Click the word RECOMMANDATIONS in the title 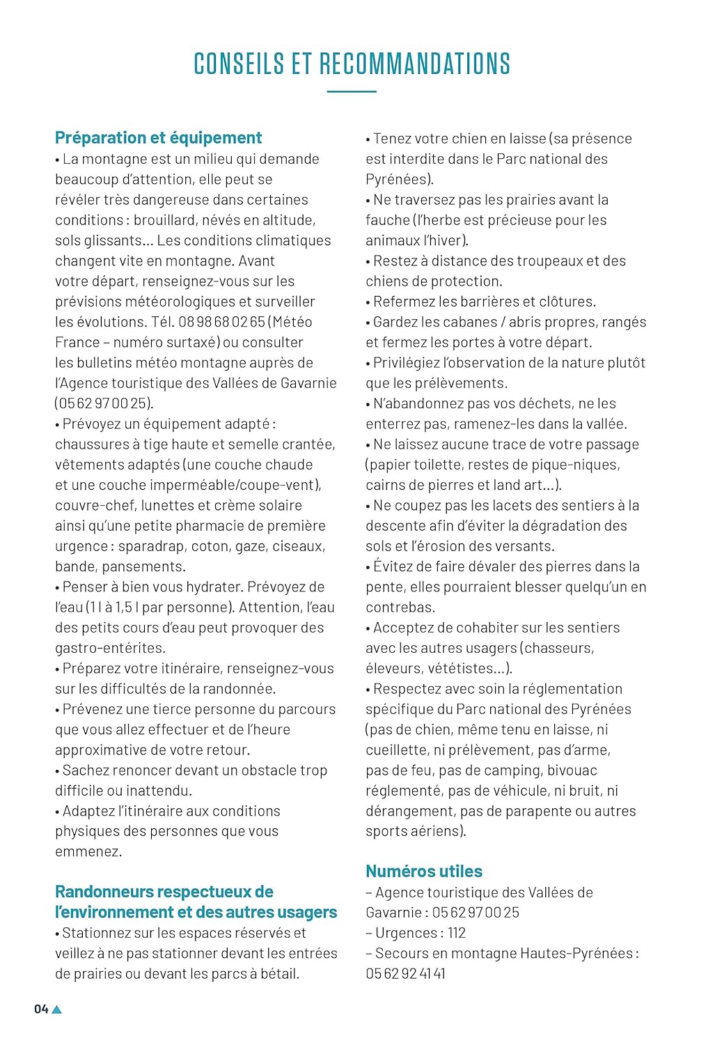pos(415,64)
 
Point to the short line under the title pos(352,91)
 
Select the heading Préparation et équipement pos(159,138)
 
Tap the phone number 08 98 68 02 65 pos(222,322)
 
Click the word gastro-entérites pos(110,648)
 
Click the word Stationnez pos(97,933)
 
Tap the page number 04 pos(41,1009)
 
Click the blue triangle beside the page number pos(57,1009)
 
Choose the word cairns pos(385,485)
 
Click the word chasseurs pos(559,648)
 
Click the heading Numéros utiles pos(424,872)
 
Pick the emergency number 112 pos(457,933)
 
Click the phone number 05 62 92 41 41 pos(405,973)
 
